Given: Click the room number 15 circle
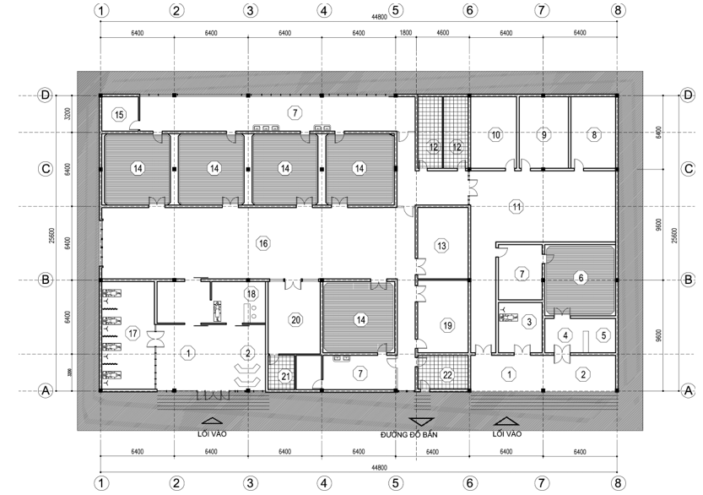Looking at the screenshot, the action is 119,115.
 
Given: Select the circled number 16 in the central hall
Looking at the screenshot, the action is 262,243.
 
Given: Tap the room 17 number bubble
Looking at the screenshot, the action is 132,333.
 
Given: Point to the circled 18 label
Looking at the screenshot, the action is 251,294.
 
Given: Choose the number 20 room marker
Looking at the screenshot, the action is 296,320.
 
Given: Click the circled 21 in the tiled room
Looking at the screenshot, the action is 285,376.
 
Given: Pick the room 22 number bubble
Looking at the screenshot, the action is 447,375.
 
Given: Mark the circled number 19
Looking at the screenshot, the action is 447,325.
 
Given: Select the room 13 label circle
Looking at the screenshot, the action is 441,246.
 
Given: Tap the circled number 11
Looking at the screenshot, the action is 516,207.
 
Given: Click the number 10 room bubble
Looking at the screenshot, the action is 495,134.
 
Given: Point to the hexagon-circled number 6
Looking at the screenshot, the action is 581,278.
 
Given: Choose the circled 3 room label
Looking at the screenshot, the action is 529,321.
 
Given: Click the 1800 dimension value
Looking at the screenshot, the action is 405,33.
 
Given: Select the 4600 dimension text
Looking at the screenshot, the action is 442,33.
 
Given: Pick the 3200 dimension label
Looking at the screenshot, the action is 68,113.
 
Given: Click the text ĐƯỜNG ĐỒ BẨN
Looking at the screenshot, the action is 408,434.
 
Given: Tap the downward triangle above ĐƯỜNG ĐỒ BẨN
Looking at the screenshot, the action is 421,422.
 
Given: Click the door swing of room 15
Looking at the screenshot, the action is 134,125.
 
